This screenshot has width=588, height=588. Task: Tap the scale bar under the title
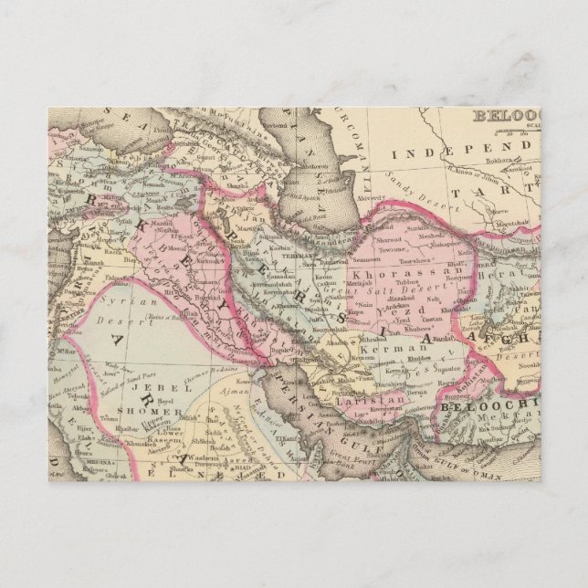point(511,129)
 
